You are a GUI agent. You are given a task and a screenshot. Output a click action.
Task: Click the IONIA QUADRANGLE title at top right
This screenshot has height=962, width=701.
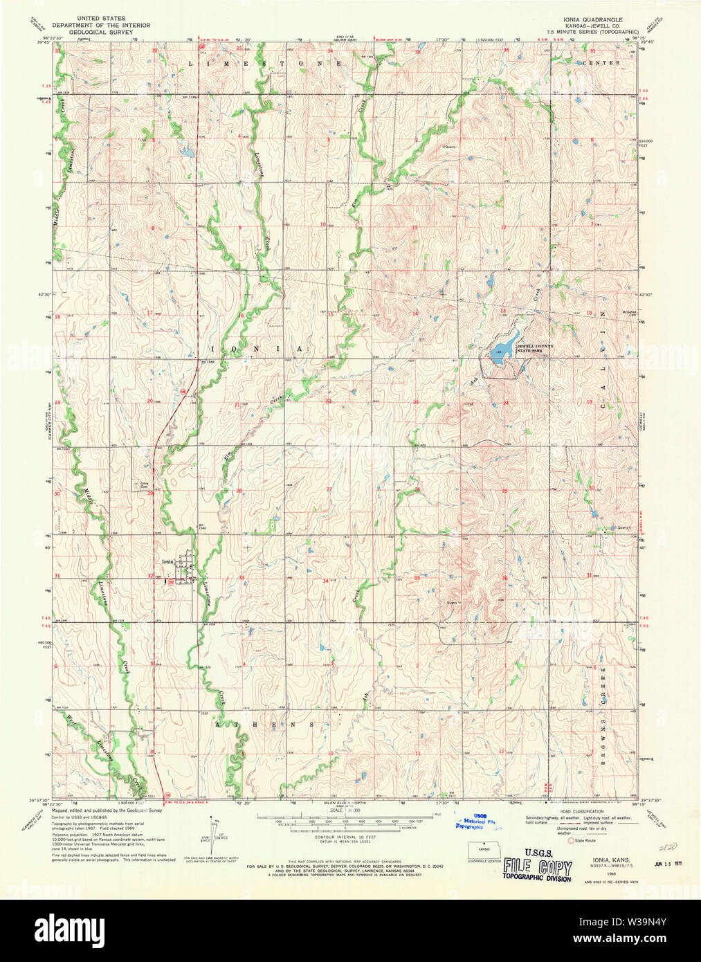click(593, 20)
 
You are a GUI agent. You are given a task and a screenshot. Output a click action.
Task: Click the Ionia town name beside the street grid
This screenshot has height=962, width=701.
click(167, 562)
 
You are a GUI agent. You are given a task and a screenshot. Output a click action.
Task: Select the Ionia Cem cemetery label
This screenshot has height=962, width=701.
click(145, 485)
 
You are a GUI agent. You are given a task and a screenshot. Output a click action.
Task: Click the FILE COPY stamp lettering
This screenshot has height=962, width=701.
click(538, 867)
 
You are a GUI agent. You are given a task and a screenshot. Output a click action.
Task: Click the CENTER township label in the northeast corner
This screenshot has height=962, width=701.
click(601, 63)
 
